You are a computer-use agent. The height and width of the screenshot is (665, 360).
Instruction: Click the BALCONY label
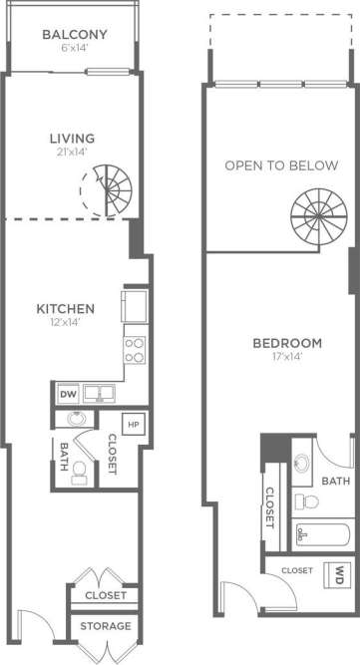74,36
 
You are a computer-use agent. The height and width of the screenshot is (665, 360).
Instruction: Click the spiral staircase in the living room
107,189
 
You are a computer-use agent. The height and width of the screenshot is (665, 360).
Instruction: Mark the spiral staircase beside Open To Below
316,210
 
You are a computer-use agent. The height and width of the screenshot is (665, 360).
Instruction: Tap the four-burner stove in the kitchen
135,349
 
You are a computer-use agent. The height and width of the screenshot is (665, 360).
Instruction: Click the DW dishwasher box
68,395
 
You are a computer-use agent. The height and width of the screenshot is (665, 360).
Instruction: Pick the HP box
134,423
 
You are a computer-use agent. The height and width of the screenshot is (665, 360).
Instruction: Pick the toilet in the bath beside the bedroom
304,499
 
